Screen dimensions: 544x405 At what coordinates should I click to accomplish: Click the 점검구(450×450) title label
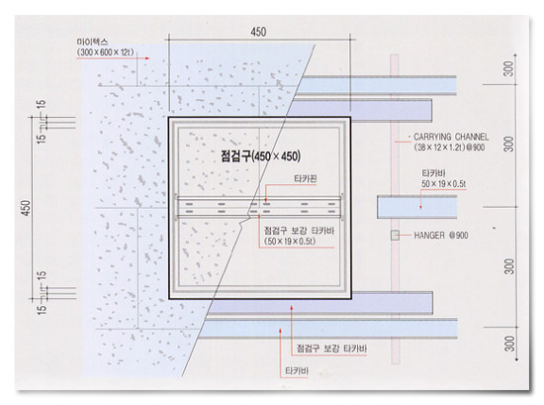tap(260, 155)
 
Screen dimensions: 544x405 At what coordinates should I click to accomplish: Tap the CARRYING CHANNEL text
tap(451, 137)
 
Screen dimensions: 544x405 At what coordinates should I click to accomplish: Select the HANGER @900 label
tap(441, 236)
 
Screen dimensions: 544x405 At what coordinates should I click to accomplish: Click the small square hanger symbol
tap(395, 235)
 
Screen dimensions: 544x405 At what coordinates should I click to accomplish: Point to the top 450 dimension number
tap(258, 32)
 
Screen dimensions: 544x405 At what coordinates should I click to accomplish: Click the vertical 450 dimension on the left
tap(27, 208)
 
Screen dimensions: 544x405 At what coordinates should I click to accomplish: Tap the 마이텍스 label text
tap(92, 42)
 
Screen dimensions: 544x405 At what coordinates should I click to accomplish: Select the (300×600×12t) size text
tap(105, 52)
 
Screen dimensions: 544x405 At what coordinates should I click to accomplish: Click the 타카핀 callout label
tap(306, 179)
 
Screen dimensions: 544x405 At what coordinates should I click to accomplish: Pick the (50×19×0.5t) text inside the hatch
tap(290, 241)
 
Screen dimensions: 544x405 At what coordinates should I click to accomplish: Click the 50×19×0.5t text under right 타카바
tap(444, 184)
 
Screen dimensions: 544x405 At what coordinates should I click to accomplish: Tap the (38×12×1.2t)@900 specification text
tap(449, 148)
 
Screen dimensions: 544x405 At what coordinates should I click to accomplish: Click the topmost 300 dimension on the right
tap(508, 68)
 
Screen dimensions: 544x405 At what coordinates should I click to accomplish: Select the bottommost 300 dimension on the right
tap(509, 344)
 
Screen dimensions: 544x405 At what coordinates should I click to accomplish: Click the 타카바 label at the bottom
tap(297, 371)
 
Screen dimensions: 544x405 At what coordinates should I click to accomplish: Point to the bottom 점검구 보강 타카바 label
tap(331, 349)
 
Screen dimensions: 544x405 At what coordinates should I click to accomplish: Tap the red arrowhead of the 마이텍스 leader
tap(147, 58)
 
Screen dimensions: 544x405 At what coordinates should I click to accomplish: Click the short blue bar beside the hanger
tap(417, 207)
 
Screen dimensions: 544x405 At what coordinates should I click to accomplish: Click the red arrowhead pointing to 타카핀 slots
tap(266, 200)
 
